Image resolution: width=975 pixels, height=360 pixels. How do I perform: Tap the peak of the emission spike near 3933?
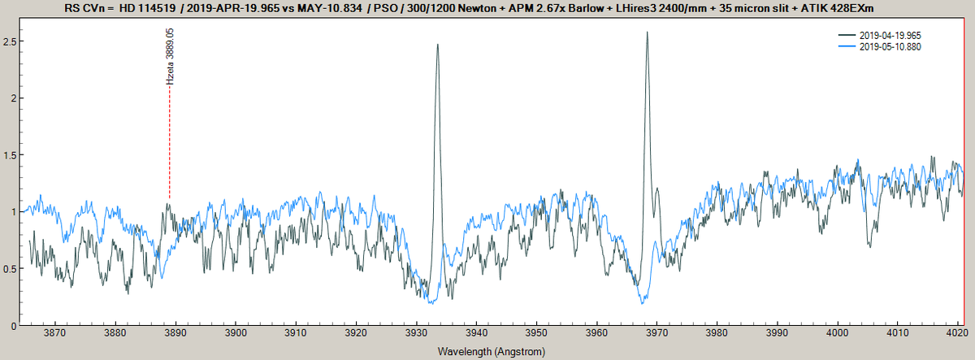437,45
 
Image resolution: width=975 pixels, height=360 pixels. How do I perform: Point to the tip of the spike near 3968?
647,33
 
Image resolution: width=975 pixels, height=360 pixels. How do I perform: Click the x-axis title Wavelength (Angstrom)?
490,352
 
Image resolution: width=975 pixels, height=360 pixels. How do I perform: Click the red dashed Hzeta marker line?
169,146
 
